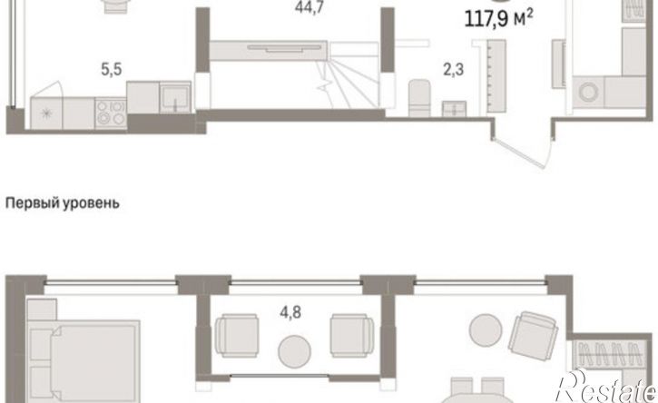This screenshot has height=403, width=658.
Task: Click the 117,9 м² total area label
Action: click(498, 19)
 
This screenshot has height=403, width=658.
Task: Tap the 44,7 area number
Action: click(309, 7)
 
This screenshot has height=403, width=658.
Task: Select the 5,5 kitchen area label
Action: click(112, 69)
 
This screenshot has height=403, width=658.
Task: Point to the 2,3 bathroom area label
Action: click(454, 69)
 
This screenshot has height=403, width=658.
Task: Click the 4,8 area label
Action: click(290, 313)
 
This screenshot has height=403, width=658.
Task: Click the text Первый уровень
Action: click(62, 203)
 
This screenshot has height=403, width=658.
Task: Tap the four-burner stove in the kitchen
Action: click(111, 113)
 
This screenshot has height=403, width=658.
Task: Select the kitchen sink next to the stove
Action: click(175, 97)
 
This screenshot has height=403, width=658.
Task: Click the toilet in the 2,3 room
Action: click(419, 97)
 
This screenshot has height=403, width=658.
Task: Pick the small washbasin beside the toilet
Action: click(454, 108)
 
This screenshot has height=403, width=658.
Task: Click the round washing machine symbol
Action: click(588, 92)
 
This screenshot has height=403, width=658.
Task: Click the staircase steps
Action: click(352, 84)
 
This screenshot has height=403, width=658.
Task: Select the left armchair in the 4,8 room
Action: click(236, 336)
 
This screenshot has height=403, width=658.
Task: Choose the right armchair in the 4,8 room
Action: click(351, 336)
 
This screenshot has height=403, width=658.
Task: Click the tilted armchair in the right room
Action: click(533, 336)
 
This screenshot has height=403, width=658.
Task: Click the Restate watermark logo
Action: click(605, 387)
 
